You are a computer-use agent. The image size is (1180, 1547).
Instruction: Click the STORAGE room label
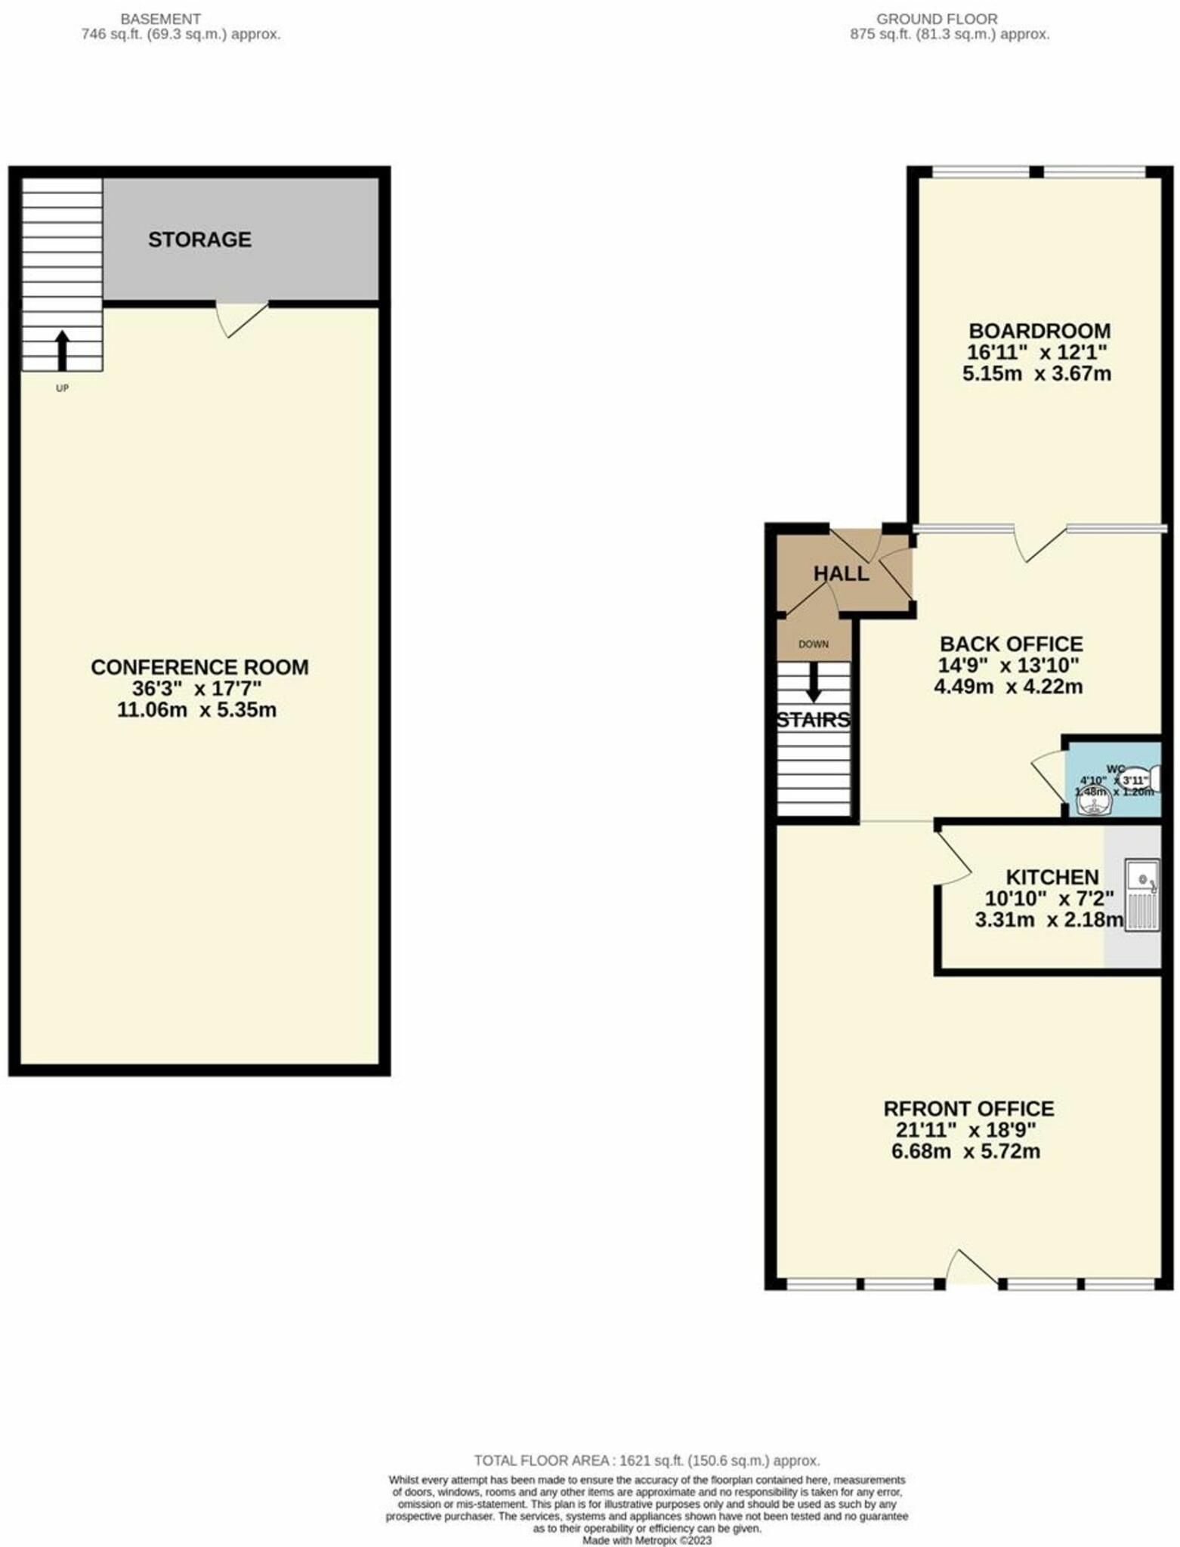pyautogui.click(x=199, y=239)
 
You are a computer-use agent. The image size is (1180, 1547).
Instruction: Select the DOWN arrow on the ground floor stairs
pyautogui.click(x=814, y=681)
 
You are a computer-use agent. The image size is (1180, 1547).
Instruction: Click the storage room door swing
pyautogui.click(x=240, y=318)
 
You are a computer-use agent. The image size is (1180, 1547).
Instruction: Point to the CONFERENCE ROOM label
pyautogui.click(x=199, y=667)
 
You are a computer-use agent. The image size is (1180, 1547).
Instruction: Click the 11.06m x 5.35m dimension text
pyautogui.click(x=196, y=710)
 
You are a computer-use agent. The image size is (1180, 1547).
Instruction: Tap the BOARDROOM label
pyautogui.click(x=1039, y=331)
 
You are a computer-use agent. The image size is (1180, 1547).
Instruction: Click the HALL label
pyautogui.click(x=841, y=573)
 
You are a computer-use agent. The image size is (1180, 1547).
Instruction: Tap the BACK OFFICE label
pyautogui.click(x=1011, y=644)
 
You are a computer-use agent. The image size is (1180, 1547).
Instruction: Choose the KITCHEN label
pyautogui.click(x=1052, y=877)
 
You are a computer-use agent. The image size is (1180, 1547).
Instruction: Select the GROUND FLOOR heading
pyautogui.click(x=937, y=19)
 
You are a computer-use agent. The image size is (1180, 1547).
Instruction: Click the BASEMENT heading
pyautogui.click(x=161, y=19)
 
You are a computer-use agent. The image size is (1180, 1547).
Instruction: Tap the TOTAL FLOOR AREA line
pyautogui.click(x=647, y=1460)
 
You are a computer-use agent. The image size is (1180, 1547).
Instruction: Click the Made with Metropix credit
pyautogui.click(x=646, y=1539)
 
